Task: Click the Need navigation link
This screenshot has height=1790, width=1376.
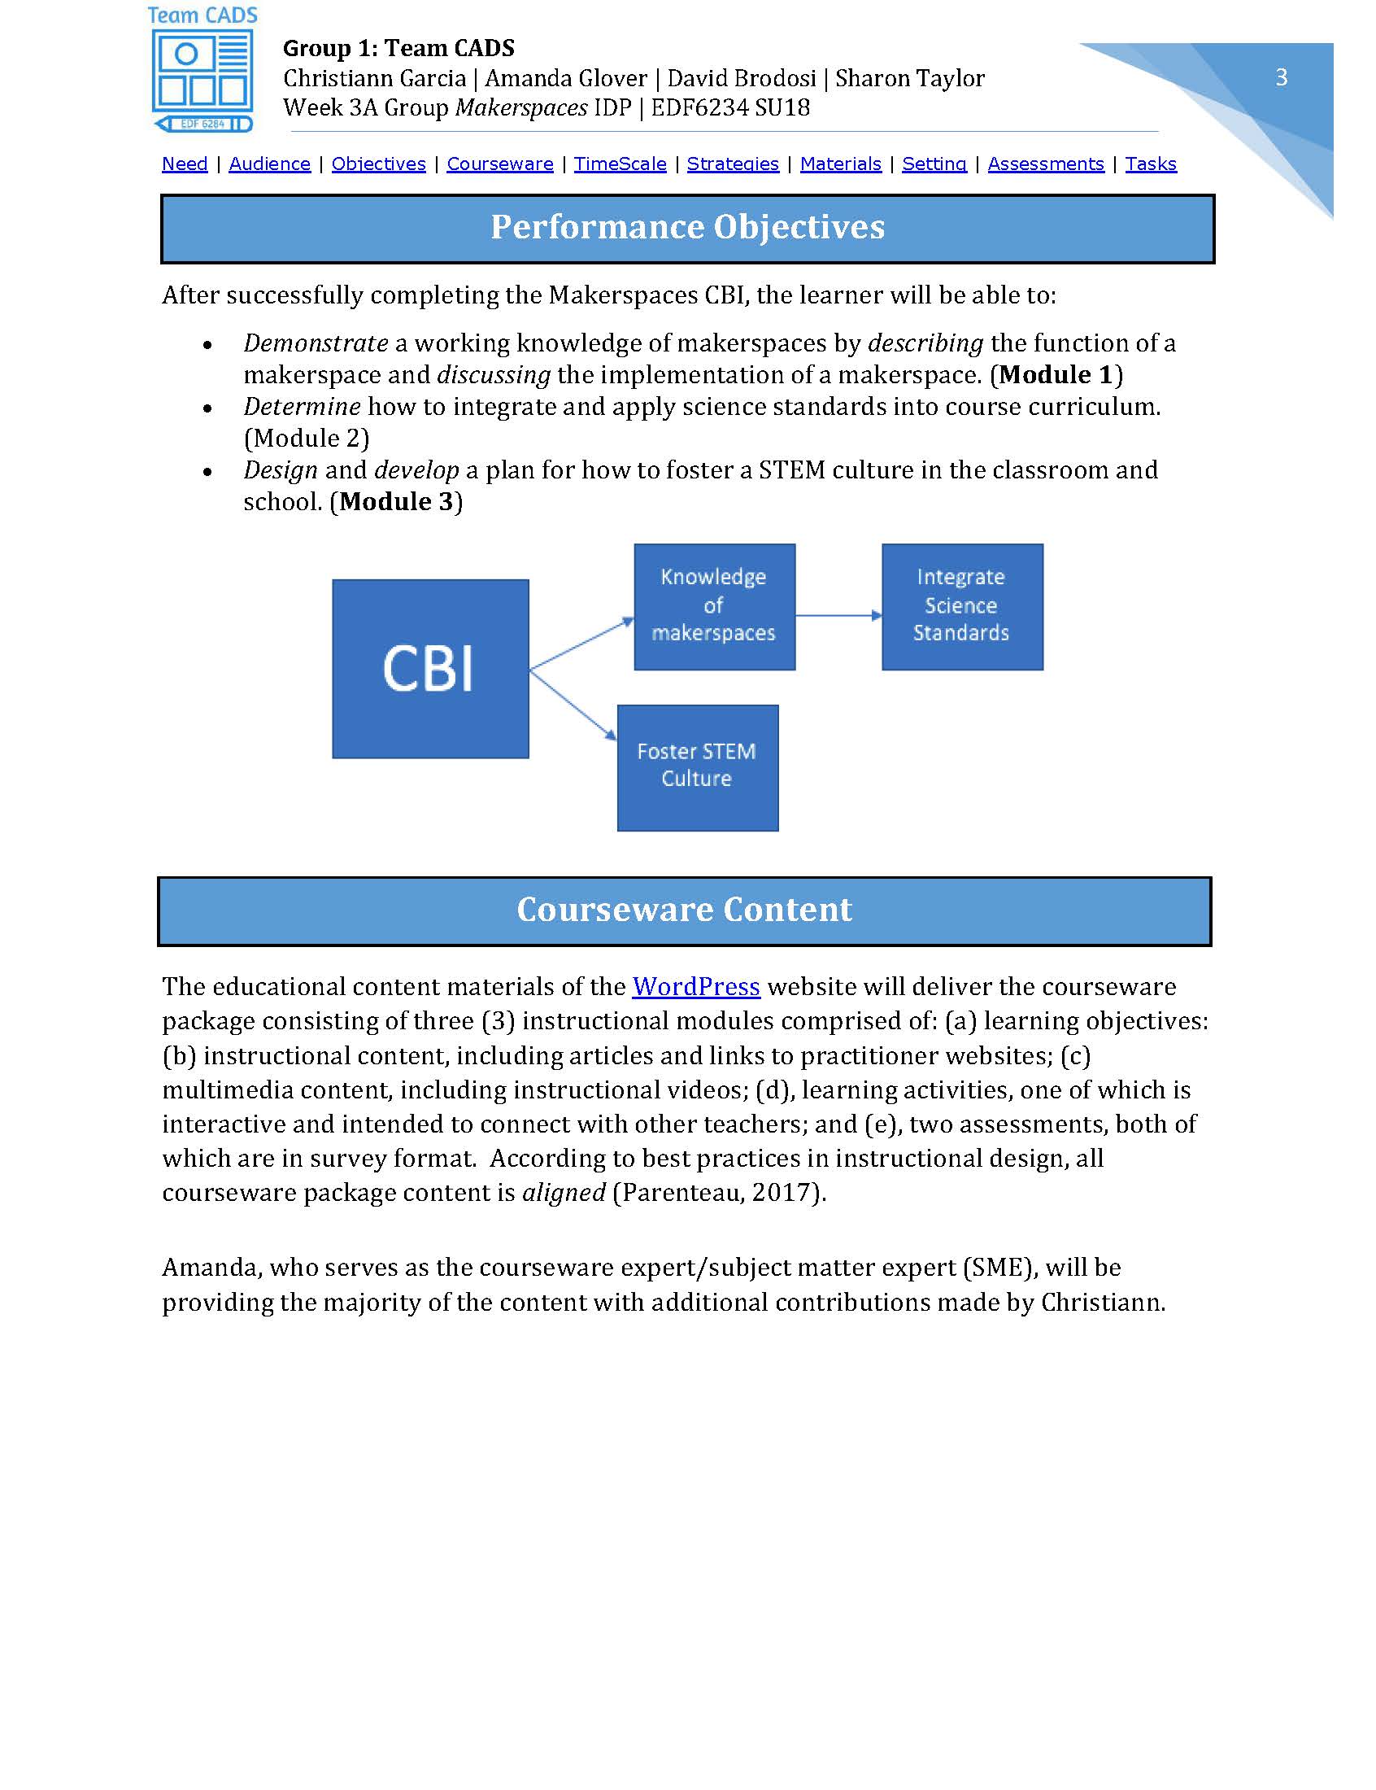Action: [x=185, y=164]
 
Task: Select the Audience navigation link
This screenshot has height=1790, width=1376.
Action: [x=269, y=164]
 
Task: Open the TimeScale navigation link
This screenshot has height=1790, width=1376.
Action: [x=619, y=164]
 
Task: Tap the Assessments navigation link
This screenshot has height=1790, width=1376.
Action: [x=1045, y=164]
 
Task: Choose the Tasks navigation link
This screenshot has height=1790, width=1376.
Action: [x=1150, y=164]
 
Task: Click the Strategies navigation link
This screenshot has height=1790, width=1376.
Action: [x=732, y=164]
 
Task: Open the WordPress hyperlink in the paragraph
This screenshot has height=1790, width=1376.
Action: [x=695, y=986]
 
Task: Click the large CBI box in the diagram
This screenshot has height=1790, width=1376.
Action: [x=430, y=669]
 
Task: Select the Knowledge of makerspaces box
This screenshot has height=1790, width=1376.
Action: [x=713, y=606]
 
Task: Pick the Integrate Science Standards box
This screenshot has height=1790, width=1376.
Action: [x=961, y=606]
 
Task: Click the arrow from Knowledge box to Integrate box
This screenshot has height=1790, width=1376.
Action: [x=838, y=615]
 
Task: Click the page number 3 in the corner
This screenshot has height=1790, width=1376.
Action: [x=1281, y=77]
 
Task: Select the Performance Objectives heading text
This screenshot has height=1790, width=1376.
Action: [x=687, y=227]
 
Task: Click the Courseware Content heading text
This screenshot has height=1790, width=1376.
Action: [x=684, y=910]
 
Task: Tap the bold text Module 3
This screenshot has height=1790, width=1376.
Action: [x=395, y=501]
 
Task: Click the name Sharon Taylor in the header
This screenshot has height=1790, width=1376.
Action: [x=909, y=78]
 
